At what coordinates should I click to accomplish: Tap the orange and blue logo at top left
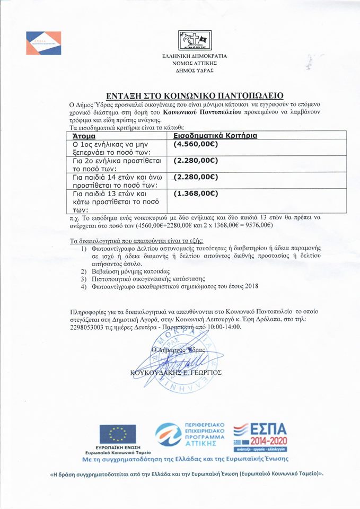[43, 43]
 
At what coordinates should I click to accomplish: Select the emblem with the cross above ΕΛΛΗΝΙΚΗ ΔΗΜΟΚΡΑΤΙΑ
[195, 40]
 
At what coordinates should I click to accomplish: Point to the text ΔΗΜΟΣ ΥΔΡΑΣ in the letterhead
[195, 70]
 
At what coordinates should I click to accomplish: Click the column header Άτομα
[84, 136]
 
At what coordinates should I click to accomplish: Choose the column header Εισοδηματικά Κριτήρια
[215, 136]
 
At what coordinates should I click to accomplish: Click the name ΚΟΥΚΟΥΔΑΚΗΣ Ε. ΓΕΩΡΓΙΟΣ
[175, 373]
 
